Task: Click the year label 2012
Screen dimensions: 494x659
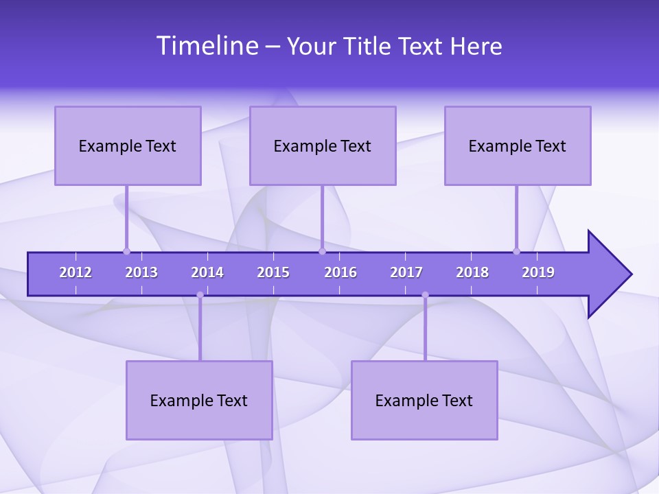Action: [x=76, y=272]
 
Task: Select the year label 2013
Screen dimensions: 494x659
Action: [x=141, y=272]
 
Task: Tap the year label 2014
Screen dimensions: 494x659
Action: [x=207, y=272]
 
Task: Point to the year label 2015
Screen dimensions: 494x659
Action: [x=273, y=272]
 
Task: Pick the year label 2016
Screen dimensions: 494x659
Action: [x=340, y=272]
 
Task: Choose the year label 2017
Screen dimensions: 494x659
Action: [x=406, y=272]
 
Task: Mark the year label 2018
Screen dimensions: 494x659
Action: [x=472, y=272]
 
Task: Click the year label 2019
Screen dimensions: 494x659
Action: [x=538, y=272]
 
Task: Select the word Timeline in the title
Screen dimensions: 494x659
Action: [x=207, y=46]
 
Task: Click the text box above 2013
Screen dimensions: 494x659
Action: [x=128, y=145]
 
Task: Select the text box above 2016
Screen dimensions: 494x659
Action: [x=323, y=145]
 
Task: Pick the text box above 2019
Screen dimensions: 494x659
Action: [x=518, y=145]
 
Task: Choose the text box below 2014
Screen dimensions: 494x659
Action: [x=199, y=400]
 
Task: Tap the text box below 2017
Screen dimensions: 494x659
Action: [x=424, y=400]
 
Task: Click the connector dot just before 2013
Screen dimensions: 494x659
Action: [x=126, y=251]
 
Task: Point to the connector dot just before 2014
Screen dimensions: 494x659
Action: [x=200, y=295]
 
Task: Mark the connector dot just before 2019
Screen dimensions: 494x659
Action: [x=516, y=251]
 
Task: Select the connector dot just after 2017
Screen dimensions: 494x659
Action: [x=425, y=295]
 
